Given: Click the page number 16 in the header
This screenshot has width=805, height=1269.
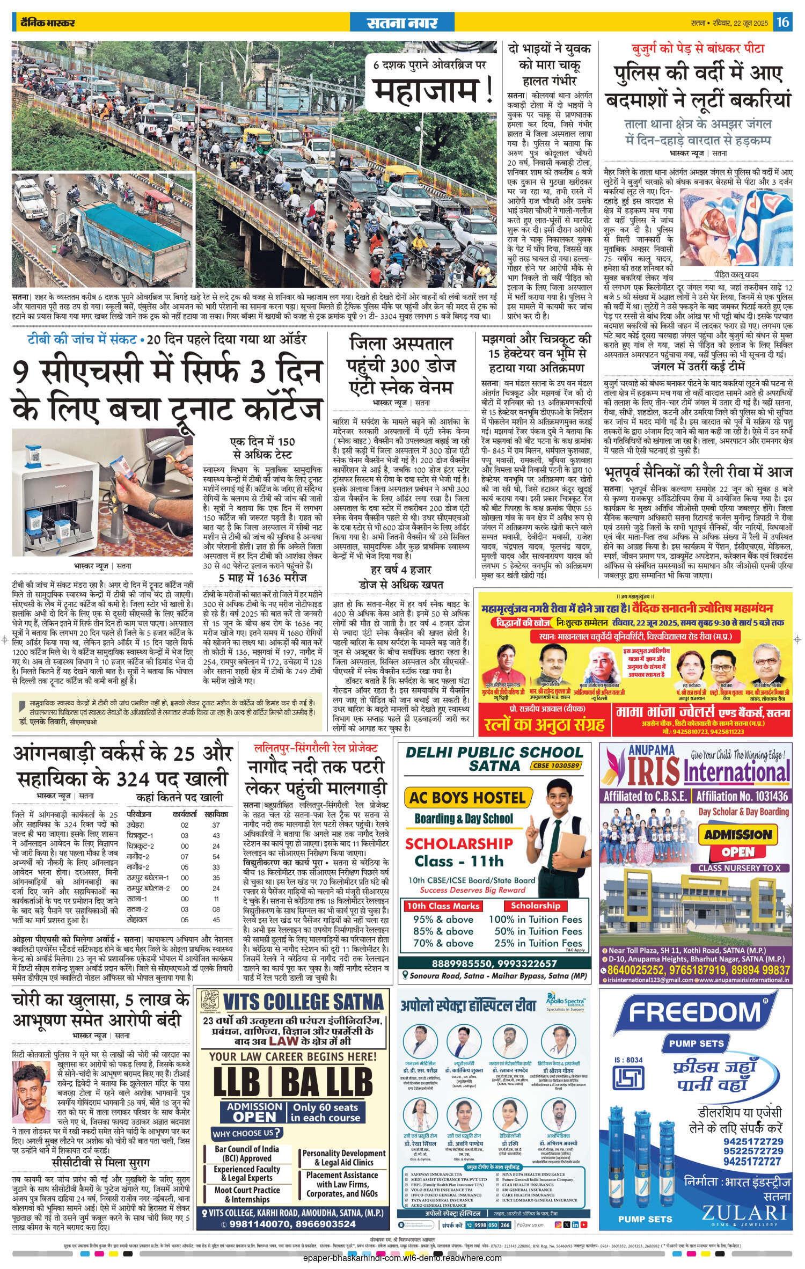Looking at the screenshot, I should coord(783,22).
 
